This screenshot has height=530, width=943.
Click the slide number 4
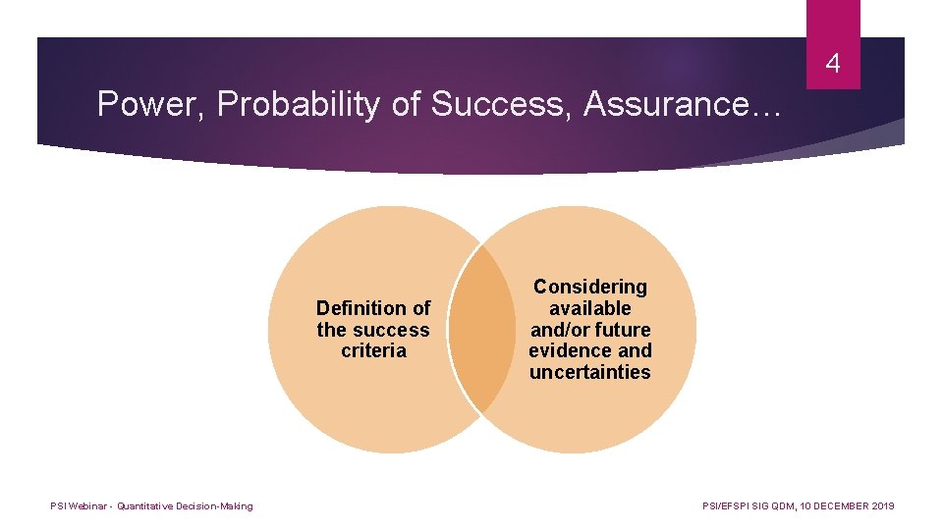pos(833,65)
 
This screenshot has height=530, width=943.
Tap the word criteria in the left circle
pos(373,351)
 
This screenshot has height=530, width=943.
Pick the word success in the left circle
pos(392,330)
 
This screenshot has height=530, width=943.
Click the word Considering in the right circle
pos(590,287)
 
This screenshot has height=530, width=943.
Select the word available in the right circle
pos(590,308)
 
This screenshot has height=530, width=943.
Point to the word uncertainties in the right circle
pos(590,372)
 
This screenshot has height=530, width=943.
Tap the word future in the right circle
pos(621,330)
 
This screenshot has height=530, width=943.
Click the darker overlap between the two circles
pos(481,329)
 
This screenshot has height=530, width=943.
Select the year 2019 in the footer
pos(882,506)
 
